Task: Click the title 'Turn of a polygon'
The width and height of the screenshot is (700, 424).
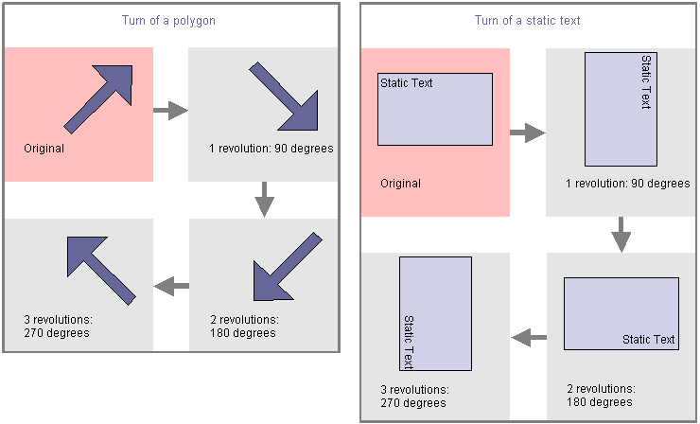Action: [x=168, y=21]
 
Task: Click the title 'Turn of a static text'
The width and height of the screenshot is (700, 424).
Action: [x=526, y=20]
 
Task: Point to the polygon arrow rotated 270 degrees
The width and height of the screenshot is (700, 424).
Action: [x=98, y=268]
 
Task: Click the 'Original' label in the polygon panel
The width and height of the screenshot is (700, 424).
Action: [x=44, y=149]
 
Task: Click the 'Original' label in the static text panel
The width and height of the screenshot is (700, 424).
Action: [x=400, y=184]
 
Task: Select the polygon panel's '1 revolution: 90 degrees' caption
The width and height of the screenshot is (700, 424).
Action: [x=271, y=149]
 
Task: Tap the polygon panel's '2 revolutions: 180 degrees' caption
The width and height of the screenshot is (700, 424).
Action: [x=244, y=326]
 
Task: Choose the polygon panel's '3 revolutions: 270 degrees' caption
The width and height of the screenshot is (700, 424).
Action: [x=57, y=326]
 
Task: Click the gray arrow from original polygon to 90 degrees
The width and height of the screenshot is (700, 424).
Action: [x=170, y=111]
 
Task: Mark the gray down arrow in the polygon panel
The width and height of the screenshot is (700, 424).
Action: [x=265, y=199]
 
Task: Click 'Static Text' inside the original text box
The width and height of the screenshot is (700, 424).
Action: [x=407, y=83]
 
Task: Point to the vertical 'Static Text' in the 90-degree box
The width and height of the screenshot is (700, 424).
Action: [x=646, y=82]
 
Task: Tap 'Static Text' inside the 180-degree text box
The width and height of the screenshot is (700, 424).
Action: [x=649, y=340]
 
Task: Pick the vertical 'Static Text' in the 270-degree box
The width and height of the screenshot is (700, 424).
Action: [x=409, y=342]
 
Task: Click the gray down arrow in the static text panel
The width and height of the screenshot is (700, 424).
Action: [x=621, y=234]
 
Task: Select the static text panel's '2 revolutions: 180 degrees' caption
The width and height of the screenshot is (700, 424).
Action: [x=600, y=396]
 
